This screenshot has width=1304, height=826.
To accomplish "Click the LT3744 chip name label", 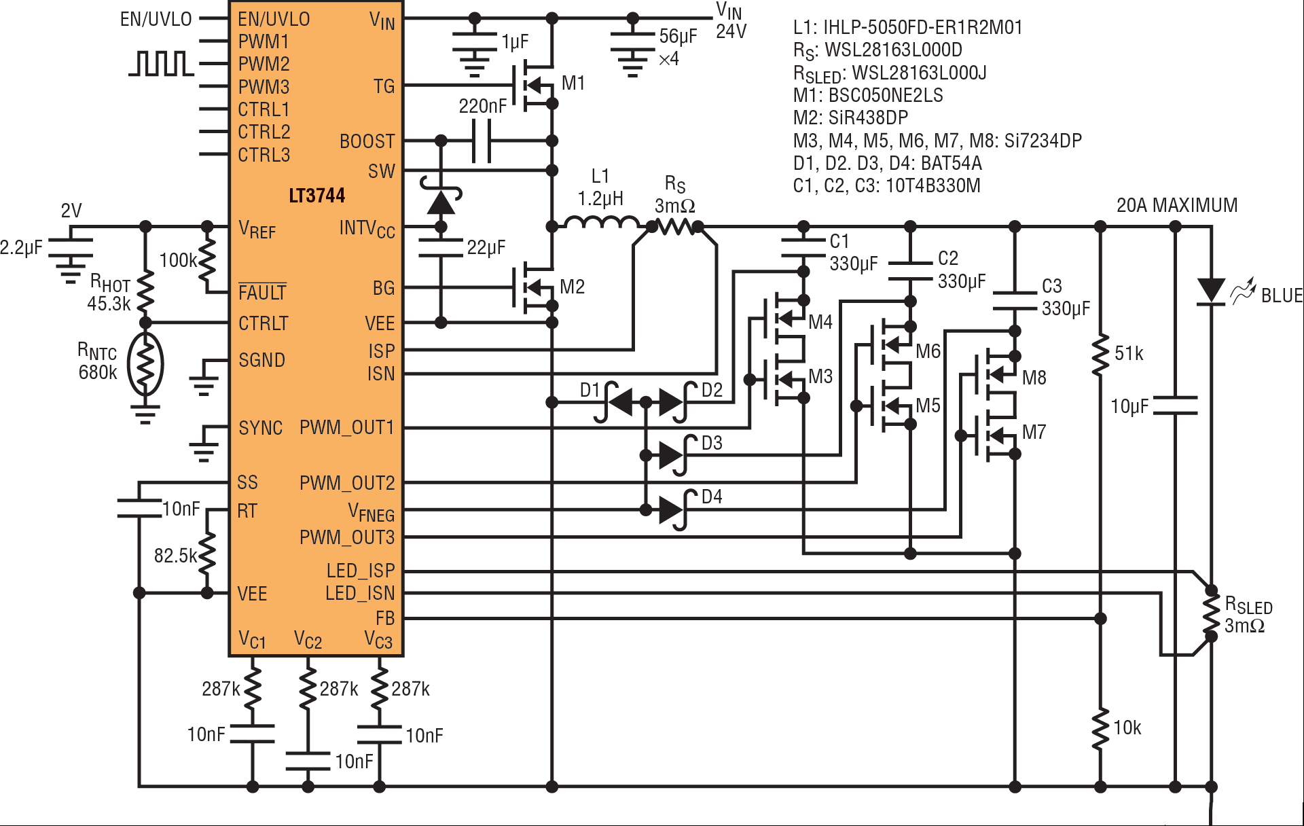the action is click(317, 196).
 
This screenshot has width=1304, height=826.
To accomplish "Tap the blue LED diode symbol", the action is click(1210, 291).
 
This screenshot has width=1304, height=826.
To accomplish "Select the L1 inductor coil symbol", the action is click(602, 222).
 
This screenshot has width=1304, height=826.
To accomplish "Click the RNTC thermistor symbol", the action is click(145, 364).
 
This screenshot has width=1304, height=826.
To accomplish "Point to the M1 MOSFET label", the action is click(573, 83).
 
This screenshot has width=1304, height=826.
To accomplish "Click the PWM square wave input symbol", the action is click(161, 63).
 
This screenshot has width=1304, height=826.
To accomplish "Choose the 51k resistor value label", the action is click(1129, 353).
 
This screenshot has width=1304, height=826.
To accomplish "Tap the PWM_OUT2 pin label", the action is click(347, 483).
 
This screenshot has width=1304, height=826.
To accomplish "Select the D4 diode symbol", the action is click(673, 509).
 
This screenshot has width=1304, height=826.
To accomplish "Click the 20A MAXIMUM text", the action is click(1177, 205).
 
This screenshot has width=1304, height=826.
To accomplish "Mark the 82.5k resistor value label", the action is click(175, 556).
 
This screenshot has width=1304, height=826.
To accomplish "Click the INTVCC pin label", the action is click(367, 229).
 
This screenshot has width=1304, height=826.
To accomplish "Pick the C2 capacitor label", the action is click(948, 258).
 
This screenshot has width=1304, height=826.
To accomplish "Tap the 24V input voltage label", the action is click(731, 31).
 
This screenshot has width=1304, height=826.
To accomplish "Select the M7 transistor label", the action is click(1034, 432).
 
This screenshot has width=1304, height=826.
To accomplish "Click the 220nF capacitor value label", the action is click(482, 106).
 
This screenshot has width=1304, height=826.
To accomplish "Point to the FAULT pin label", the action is click(262, 291).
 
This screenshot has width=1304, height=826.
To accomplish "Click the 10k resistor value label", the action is click(1127, 728).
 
